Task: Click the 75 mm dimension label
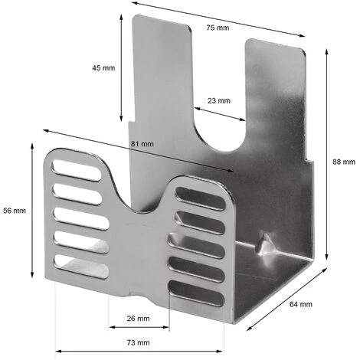(x=218, y=28)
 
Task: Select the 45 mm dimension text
(x=103, y=68)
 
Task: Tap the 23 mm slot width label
(x=218, y=100)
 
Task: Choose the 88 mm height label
(x=344, y=162)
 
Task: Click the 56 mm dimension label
(x=15, y=210)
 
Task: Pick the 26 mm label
(x=138, y=318)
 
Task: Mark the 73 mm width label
(x=138, y=342)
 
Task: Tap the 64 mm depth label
(x=300, y=304)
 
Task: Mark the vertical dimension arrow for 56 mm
(x=32, y=210)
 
